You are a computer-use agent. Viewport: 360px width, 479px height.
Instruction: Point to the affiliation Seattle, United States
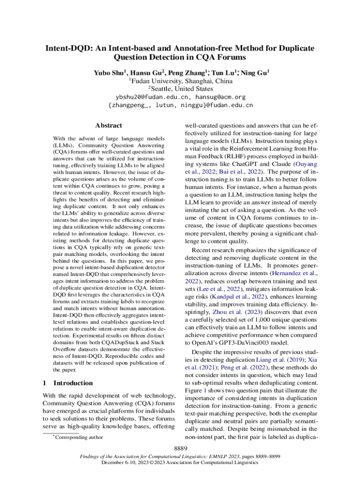tap(182, 89)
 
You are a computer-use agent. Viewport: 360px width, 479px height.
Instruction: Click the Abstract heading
tap(108, 125)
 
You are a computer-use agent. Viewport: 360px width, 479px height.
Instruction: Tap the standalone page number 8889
tap(180, 449)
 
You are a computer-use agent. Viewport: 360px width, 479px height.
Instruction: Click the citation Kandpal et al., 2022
tap(238, 297)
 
